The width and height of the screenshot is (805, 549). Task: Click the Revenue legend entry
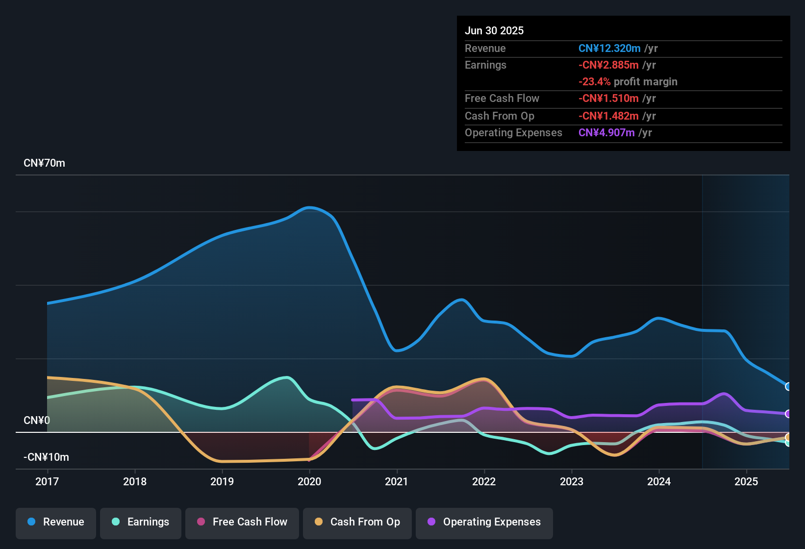[x=56, y=522]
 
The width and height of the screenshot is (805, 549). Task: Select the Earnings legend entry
[x=141, y=522]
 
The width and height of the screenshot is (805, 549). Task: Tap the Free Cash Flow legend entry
[x=242, y=522]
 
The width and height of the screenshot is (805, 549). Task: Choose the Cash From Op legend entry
[x=357, y=522]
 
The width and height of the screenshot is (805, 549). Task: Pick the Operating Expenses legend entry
[x=484, y=522]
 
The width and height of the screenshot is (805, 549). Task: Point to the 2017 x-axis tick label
[x=47, y=481]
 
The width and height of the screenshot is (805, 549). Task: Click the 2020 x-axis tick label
[x=309, y=481]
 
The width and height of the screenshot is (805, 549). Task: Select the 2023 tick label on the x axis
[x=572, y=481]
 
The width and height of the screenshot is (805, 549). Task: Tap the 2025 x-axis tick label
[x=746, y=481]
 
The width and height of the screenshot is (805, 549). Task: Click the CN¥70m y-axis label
[x=44, y=163]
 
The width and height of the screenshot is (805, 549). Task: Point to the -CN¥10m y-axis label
[x=46, y=457]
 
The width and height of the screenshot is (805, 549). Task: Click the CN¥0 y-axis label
[x=37, y=421]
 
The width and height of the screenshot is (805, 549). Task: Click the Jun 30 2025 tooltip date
[x=494, y=30]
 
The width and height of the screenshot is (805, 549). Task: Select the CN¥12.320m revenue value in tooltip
[x=609, y=48]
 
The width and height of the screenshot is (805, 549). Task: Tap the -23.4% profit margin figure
[x=594, y=81]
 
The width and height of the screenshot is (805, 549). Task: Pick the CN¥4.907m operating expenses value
[x=606, y=132]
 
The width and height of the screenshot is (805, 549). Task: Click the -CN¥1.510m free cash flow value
[x=608, y=98]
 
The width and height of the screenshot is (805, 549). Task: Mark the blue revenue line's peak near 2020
[x=309, y=207]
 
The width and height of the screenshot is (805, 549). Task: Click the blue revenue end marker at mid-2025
[x=788, y=386]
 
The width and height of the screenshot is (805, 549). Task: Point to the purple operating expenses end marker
[x=788, y=414]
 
